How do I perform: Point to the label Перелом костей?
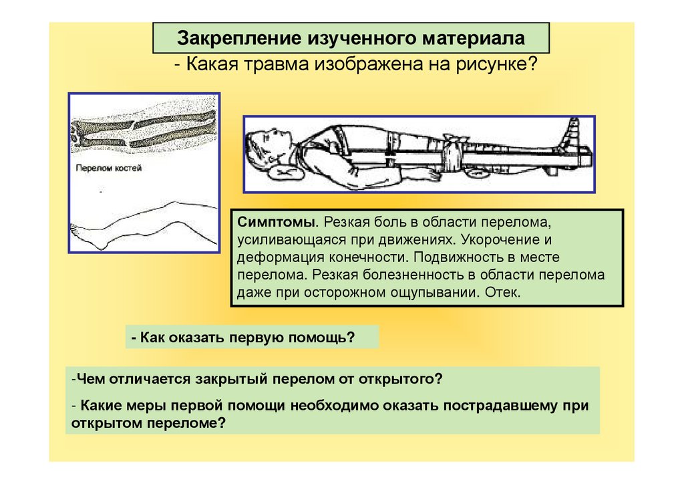tap(109, 168)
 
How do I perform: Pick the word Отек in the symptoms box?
tap(498, 293)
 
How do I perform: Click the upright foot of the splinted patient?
tap(573, 134)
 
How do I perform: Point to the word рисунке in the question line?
tap(502, 65)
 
